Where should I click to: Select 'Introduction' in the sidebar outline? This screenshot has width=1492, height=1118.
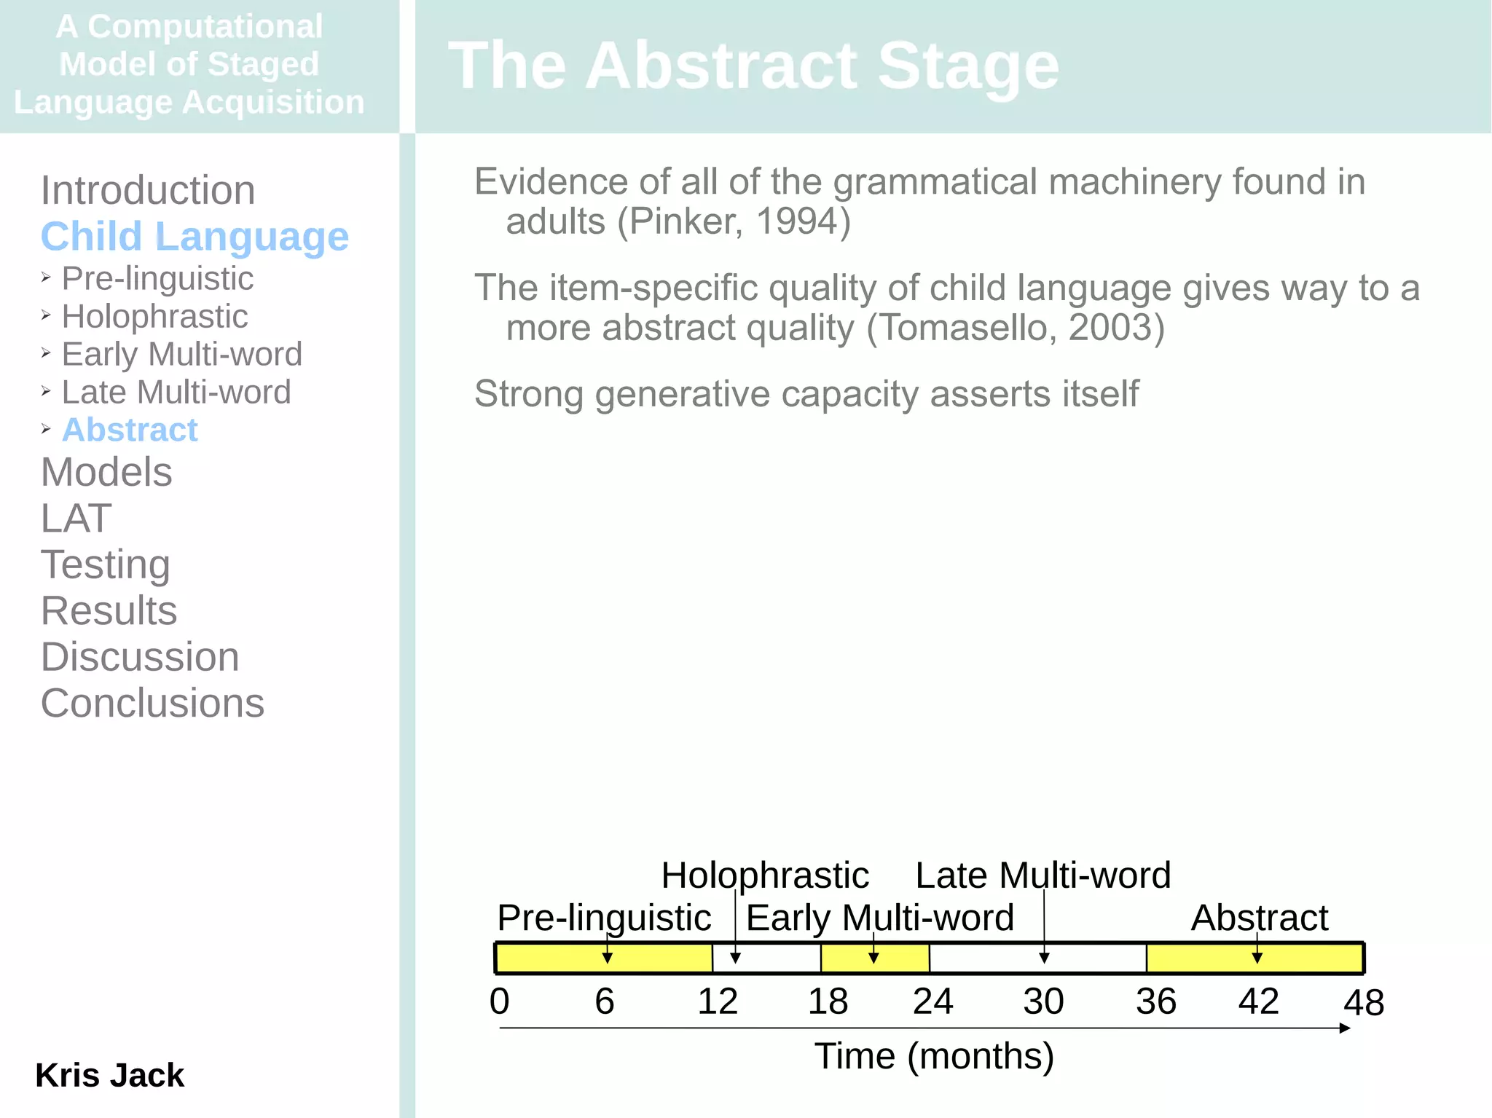click(148, 190)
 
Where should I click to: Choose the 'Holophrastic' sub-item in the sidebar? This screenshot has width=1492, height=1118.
click(154, 316)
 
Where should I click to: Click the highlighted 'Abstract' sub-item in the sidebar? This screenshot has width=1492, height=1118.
click(130, 430)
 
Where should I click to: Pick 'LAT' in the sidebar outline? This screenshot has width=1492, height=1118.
click(76, 518)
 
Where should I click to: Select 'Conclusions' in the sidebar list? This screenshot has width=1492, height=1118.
click(152, 703)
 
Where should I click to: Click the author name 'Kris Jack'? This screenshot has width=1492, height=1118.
click(109, 1075)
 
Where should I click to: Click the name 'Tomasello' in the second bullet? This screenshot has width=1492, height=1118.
click(968, 328)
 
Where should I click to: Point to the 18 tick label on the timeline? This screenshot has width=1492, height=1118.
click(828, 1001)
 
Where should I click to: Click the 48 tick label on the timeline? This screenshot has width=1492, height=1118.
click(1363, 1002)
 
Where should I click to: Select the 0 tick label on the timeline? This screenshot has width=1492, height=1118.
click(499, 1001)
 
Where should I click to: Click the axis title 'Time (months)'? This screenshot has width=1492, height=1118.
click(934, 1056)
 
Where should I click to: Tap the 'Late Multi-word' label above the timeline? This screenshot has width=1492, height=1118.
click(1043, 875)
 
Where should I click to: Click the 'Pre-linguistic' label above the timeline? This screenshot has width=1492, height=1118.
click(604, 918)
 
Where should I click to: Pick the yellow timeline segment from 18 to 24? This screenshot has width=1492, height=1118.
click(875, 958)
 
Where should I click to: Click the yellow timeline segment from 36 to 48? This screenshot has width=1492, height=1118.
click(1255, 958)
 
